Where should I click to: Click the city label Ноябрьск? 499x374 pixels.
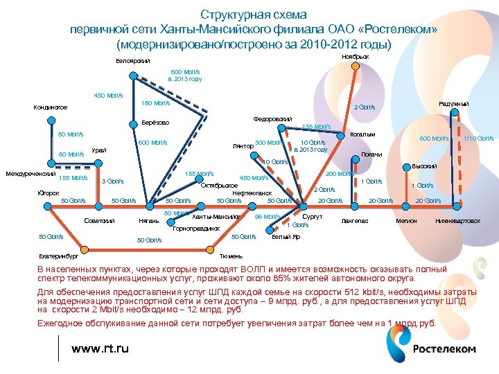tap(355, 56)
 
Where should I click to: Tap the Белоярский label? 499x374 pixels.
tap(132, 62)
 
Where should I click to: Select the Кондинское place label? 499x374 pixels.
tap(51, 107)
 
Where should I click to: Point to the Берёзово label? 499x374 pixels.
tap(156, 123)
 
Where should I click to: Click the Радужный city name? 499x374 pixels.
tap(454, 104)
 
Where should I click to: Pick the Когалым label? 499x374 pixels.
tap(363, 134)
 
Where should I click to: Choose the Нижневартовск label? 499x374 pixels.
tap(457, 221)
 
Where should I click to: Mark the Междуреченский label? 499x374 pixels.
tap(30, 173)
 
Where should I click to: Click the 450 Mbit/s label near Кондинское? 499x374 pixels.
tap(108, 96)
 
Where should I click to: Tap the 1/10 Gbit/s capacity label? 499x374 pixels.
tap(478, 139)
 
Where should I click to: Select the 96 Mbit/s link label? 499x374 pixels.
tap(267, 216)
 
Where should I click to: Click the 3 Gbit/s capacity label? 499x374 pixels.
tap(112, 181)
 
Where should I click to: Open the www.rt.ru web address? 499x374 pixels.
tap(100, 348)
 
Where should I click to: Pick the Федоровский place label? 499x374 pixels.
tap(274, 119)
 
